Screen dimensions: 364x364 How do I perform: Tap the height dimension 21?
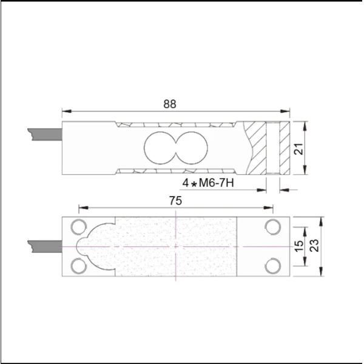pos(298,149)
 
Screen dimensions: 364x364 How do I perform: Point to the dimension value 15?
pos(298,246)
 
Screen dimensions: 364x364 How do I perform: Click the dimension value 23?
pos(315,246)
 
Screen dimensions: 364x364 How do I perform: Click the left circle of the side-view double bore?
pos(158,148)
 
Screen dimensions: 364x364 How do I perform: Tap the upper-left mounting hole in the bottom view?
pos(78,227)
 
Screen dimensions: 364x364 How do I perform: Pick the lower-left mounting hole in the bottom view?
pos(78,265)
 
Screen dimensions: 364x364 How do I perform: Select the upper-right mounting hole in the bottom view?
pos(272,227)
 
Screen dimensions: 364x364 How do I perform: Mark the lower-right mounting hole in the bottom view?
pos(272,265)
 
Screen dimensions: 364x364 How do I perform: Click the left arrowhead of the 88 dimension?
pos(66,112)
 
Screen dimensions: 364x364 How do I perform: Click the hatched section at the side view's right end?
pos(255,149)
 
